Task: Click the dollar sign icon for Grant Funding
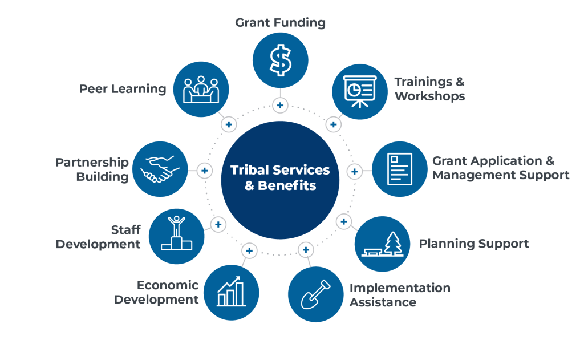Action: pyautogui.click(x=280, y=60)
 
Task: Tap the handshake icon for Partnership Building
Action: pyautogui.click(x=160, y=169)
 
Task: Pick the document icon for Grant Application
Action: pyautogui.click(x=399, y=169)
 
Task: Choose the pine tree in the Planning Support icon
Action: pyautogui.click(x=392, y=243)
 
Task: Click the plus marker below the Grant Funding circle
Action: pyautogui.click(x=280, y=105)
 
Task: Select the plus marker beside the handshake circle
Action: pyautogui.click(x=204, y=171)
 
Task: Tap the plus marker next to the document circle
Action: pyautogui.click(x=354, y=171)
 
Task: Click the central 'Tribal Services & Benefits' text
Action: pyautogui.click(x=280, y=177)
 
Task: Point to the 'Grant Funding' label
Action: pyautogui.click(x=280, y=23)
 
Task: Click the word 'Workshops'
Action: pyautogui.click(x=429, y=96)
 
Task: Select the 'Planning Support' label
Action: pyautogui.click(x=474, y=244)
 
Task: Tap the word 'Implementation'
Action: pyautogui.click(x=400, y=288)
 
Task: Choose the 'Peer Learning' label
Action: pyautogui.click(x=123, y=89)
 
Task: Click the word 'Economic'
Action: pyautogui.click(x=168, y=285)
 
